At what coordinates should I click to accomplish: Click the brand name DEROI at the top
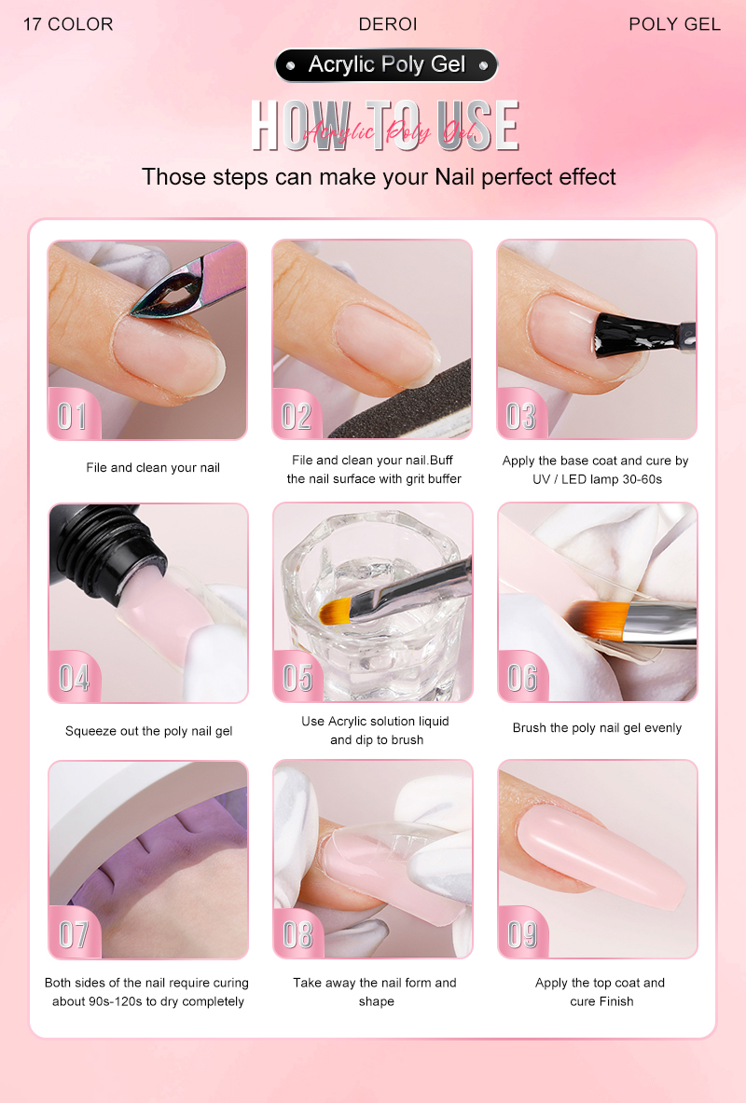[388, 24]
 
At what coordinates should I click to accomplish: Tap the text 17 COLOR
[68, 24]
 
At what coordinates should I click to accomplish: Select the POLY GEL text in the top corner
[674, 24]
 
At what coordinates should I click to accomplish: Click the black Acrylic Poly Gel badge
[386, 65]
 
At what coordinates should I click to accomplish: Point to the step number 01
[72, 416]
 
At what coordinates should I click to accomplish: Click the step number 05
[297, 678]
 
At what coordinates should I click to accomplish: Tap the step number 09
[522, 934]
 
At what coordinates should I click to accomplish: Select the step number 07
[73, 935]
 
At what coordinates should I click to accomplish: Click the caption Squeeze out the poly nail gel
[148, 731]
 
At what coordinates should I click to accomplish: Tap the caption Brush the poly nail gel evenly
[597, 728]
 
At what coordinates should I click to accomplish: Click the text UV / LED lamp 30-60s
[597, 480]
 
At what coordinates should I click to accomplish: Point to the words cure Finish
[601, 1001]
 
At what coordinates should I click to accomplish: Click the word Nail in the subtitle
[455, 176]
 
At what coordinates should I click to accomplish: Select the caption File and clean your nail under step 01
[153, 468]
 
